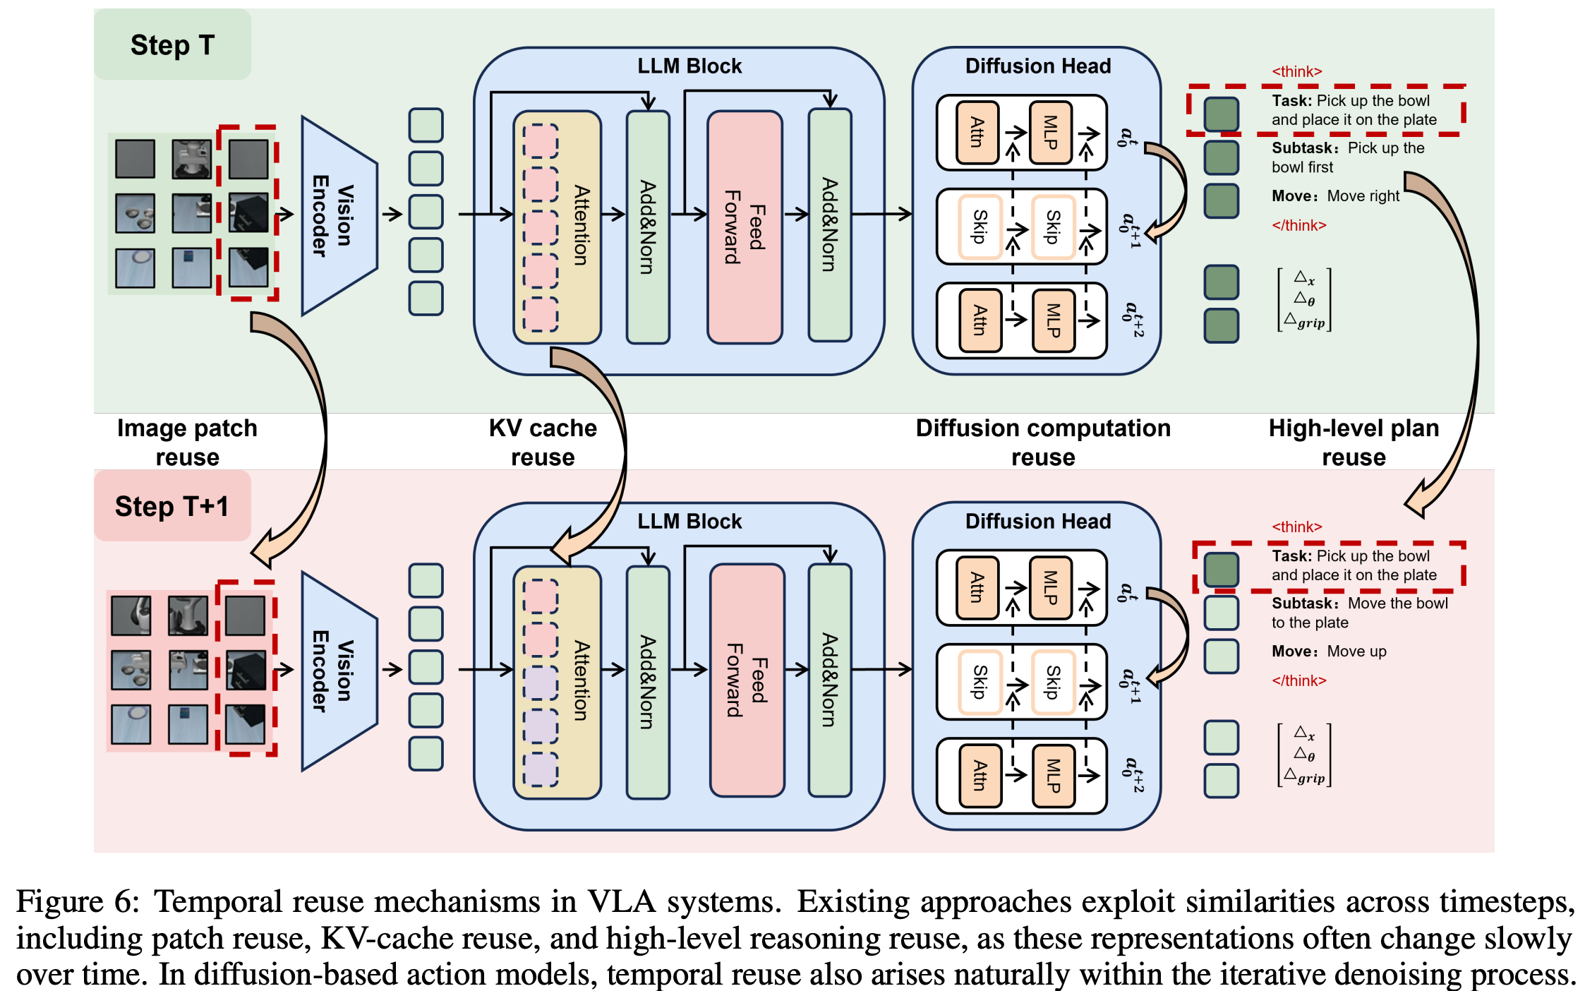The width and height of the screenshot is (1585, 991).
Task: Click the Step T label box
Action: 172,44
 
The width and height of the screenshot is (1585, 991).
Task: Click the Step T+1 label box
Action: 172,506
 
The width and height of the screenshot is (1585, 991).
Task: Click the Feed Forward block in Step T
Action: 745,227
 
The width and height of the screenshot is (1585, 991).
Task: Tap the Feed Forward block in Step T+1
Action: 747,680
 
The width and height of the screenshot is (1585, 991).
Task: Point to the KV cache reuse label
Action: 543,443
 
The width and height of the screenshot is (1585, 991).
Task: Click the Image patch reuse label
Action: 187,443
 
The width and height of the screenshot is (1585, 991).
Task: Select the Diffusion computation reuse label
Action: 1042,443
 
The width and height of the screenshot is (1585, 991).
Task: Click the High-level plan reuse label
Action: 1353,443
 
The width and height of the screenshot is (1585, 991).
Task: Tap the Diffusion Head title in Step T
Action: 1037,66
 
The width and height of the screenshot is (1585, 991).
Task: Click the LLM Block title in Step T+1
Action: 689,522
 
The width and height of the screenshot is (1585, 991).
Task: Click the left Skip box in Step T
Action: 980,227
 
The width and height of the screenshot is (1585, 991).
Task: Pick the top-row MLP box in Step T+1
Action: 1050,587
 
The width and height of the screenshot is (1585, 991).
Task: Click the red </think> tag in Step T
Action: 1298,225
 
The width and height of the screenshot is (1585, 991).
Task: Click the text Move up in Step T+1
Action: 1356,651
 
